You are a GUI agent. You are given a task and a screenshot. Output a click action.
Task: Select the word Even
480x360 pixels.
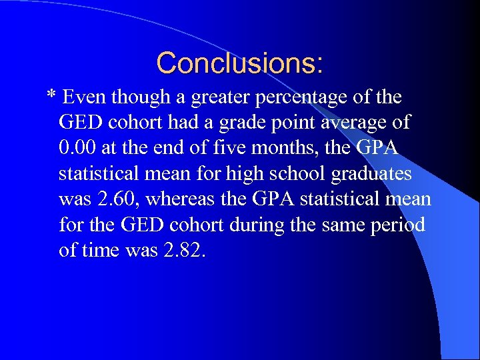click(84, 98)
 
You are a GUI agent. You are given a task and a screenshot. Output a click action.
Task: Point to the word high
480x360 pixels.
click(243, 175)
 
